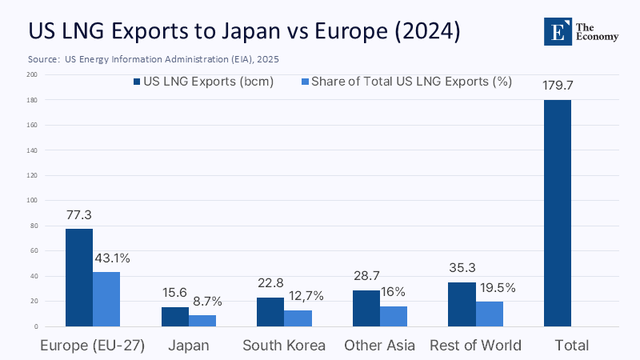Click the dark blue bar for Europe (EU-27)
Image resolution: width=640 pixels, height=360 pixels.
[78, 278]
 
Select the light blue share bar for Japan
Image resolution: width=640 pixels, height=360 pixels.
[202, 321]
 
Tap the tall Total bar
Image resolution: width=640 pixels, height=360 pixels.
[558, 213]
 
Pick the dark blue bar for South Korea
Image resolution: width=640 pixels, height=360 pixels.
[270, 312]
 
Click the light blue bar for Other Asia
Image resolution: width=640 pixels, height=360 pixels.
[393, 316]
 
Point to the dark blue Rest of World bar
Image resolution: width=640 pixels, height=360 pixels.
[462, 304]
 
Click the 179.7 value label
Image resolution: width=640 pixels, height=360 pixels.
[558, 84]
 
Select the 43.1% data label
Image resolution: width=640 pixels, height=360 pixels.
[112, 258]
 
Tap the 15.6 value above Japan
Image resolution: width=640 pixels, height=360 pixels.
[175, 293]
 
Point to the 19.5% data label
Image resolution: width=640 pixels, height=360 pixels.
[496, 287]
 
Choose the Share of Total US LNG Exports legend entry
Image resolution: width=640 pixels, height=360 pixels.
[405, 82]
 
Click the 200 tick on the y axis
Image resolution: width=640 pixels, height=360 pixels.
[32, 74]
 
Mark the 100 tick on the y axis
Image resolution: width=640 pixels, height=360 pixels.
[32, 201]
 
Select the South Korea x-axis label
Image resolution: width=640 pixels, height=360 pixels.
[285, 346]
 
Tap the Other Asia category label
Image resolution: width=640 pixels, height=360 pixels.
[380, 346]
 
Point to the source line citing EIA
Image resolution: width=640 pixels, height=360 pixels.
[153, 59]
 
